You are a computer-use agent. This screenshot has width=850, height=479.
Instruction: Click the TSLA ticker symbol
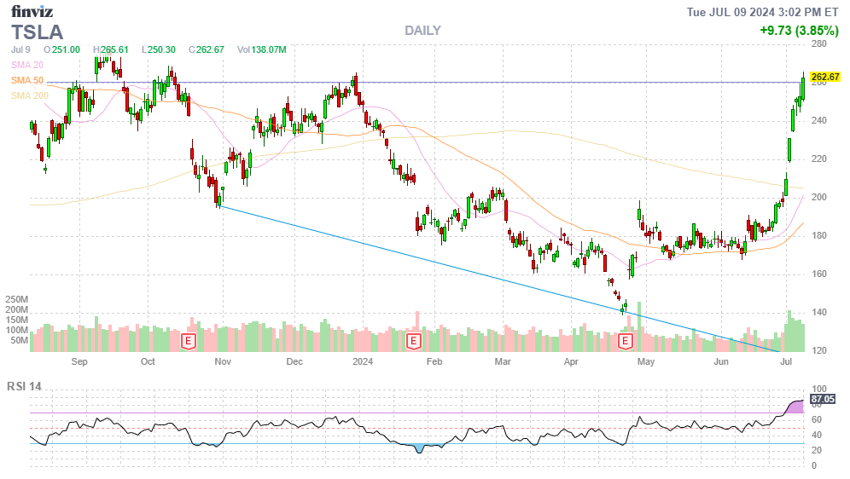click(37, 32)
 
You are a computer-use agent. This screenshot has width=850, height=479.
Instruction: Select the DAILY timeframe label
click(422, 31)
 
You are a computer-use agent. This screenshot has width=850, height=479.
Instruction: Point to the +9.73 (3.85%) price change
click(799, 31)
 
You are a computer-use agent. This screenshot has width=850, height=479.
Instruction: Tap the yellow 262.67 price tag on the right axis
click(825, 77)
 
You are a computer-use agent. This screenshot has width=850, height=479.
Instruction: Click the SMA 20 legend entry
click(27, 65)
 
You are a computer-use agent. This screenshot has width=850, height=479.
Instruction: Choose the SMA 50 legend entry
click(27, 80)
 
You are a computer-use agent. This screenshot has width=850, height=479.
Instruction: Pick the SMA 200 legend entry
click(29, 95)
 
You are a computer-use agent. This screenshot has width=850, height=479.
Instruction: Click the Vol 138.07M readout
click(262, 49)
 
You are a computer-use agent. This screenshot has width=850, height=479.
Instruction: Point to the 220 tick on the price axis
click(819, 159)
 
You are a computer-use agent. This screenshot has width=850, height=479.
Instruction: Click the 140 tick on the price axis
click(819, 312)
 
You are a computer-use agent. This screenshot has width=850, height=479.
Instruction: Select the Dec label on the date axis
click(294, 361)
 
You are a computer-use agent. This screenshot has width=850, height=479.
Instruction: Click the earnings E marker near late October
click(189, 341)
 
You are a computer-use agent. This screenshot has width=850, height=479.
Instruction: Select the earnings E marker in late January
click(413, 341)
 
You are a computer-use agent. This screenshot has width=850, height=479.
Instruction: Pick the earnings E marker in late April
click(625, 341)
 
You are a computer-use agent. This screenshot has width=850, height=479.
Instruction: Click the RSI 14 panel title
click(24, 386)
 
